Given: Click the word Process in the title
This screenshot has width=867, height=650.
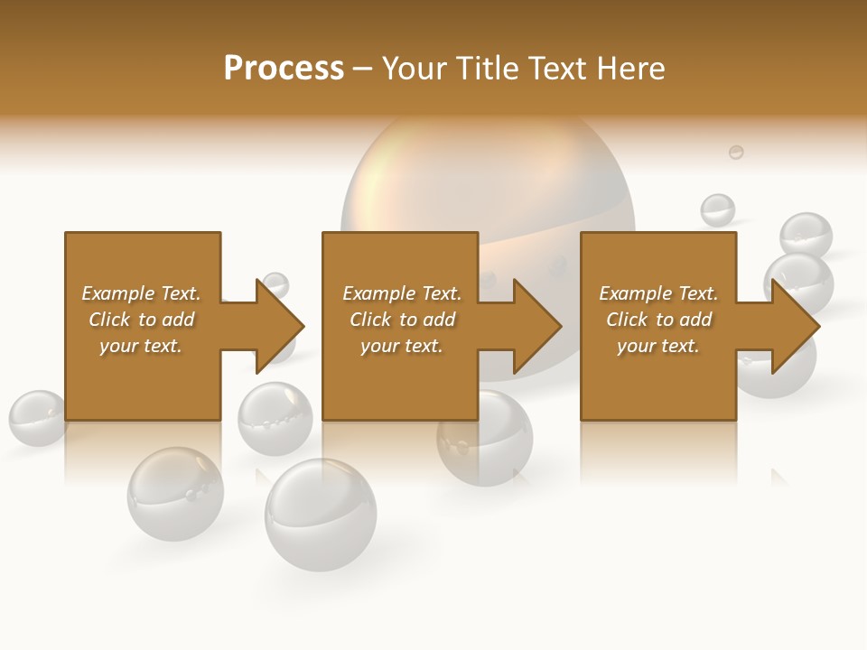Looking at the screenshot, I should pyautogui.click(x=284, y=69).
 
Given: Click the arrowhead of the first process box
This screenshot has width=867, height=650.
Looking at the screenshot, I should pyautogui.click(x=281, y=326).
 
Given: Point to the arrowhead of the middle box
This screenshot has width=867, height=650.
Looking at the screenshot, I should pyautogui.click(x=538, y=326).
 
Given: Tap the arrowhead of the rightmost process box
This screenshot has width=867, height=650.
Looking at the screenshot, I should pyautogui.click(x=796, y=326).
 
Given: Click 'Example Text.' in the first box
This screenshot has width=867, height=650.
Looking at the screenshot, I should pyautogui.click(x=141, y=293).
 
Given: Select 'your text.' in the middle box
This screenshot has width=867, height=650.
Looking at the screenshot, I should pyautogui.click(x=401, y=346).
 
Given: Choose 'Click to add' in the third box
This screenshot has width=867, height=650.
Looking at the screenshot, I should pyautogui.click(x=658, y=320).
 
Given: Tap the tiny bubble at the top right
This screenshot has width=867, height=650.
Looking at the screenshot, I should pyautogui.click(x=736, y=152).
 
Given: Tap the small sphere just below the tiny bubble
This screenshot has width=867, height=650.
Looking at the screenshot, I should pyautogui.click(x=718, y=210).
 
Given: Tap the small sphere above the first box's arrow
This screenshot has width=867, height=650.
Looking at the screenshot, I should pyautogui.click(x=275, y=283).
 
